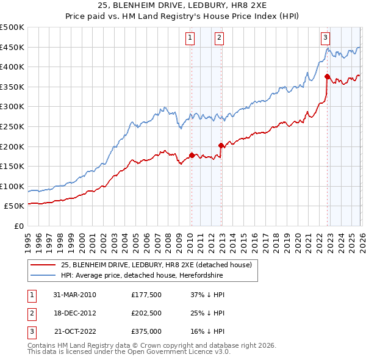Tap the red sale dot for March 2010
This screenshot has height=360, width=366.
[x=192, y=155]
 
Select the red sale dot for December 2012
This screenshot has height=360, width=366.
[x=221, y=145]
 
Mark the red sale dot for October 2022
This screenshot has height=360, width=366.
[x=328, y=77]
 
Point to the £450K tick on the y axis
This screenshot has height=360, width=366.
[x=12, y=47]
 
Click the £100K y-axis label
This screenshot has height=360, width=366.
[x=12, y=186]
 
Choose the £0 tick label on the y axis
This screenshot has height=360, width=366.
[x=18, y=226]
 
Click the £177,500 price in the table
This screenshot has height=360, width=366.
[x=146, y=295]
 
